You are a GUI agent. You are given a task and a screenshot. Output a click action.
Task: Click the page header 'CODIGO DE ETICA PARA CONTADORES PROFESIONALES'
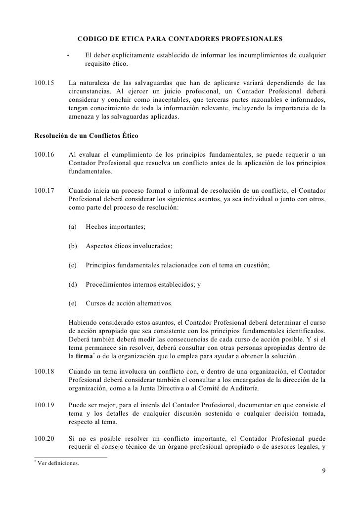pyautogui.click(x=180, y=38)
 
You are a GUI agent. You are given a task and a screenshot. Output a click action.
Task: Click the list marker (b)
pyautogui.click(x=74, y=246)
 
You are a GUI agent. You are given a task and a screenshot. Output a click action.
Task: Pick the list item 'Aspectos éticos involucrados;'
pyautogui.click(x=129, y=246)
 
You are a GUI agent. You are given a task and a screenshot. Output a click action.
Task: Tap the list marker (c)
pyautogui.click(x=74, y=265)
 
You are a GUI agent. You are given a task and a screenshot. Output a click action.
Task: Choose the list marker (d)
pyautogui.click(x=74, y=284)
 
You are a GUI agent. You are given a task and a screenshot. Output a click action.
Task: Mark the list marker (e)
pyautogui.click(x=74, y=303)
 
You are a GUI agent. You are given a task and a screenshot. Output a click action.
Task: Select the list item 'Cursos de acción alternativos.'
pyautogui.click(x=130, y=303)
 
